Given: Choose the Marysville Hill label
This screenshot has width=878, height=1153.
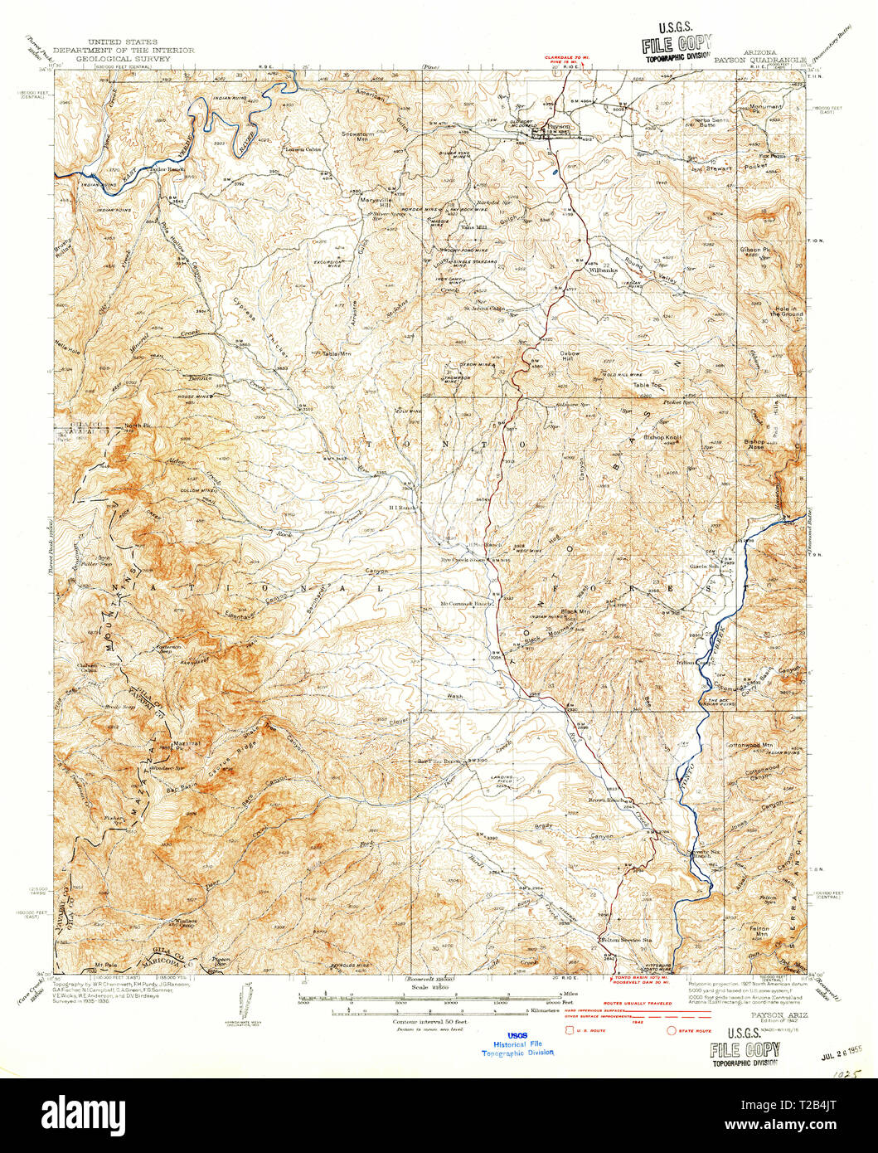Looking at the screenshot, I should [x=374, y=203].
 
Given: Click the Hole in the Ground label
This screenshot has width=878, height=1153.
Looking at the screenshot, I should [x=778, y=312].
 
